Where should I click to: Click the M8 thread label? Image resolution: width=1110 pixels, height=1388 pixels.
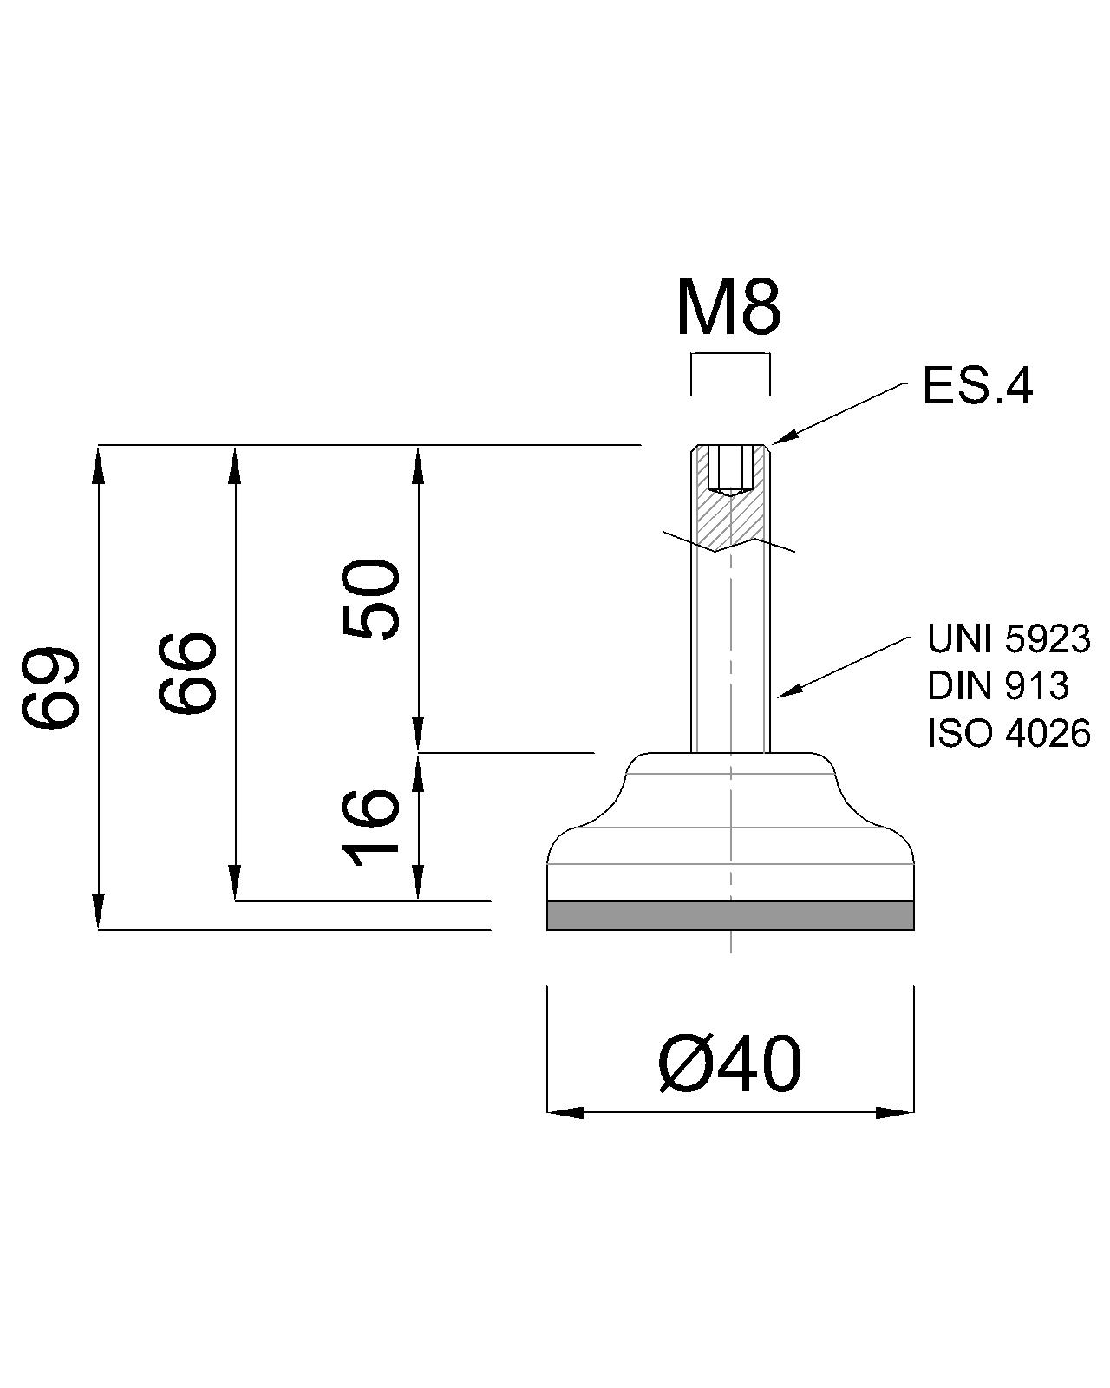tap(728, 310)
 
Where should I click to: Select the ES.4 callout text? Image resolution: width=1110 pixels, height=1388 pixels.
tap(978, 386)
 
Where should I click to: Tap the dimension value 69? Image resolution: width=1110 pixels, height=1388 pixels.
tap(50, 687)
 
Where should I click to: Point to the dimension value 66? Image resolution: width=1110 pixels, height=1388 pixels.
tap(186, 673)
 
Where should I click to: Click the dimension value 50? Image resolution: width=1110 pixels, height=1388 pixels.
tap(370, 599)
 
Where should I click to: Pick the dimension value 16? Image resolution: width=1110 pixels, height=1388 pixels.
tap(370, 827)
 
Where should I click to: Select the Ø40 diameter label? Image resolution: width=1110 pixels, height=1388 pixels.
tap(729, 1064)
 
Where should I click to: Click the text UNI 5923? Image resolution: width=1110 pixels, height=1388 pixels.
tap(1009, 639)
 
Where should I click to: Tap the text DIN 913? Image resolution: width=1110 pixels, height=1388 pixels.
tap(998, 685)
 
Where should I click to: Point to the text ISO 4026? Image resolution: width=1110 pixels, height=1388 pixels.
tap(1009, 733)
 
